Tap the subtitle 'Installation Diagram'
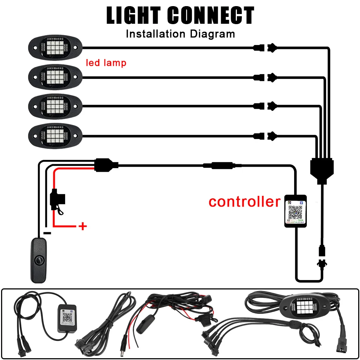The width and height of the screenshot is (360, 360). (180, 34)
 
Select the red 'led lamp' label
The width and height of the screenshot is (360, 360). (106, 63)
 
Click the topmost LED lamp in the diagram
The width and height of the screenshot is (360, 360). (55, 47)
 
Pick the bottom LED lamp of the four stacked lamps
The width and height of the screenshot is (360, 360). (55, 135)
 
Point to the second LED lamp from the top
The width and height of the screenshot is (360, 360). (55, 76)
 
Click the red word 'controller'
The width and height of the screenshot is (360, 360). (244, 202)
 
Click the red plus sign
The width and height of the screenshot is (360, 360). (83, 226)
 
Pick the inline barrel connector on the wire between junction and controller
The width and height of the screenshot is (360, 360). (218, 166)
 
